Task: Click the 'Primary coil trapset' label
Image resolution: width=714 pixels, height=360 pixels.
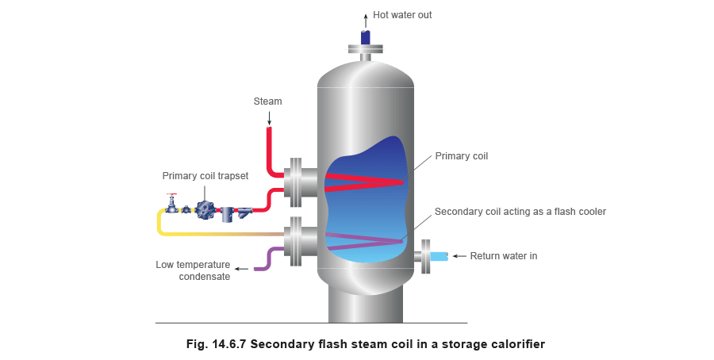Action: (205, 175)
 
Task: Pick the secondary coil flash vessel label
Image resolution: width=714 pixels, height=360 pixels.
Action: (520, 212)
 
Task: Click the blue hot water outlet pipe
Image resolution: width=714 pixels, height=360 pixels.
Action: (366, 36)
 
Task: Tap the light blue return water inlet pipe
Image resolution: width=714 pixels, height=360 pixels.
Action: (439, 255)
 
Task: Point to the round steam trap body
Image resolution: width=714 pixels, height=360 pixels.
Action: (207, 209)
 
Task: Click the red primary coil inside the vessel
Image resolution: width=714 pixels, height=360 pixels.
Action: (365, 182)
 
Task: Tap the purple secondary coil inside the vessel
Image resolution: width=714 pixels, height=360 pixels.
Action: (365, 241)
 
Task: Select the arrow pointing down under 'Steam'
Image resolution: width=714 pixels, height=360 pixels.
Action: (268, 117)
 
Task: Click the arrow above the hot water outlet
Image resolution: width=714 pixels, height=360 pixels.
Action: (366, 17)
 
